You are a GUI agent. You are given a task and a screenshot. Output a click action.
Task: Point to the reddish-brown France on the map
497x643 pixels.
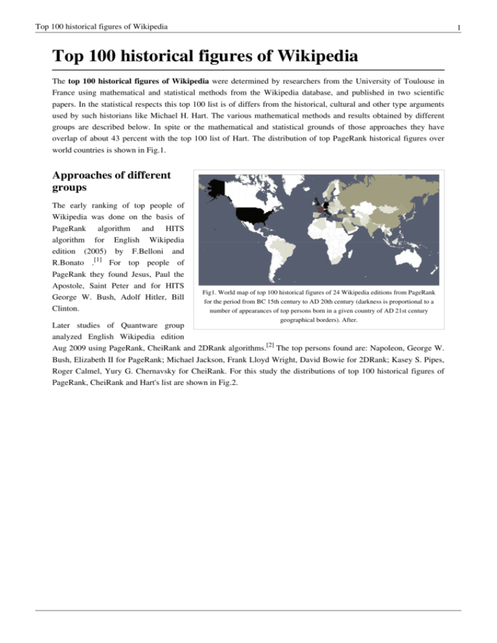[318, 210]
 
